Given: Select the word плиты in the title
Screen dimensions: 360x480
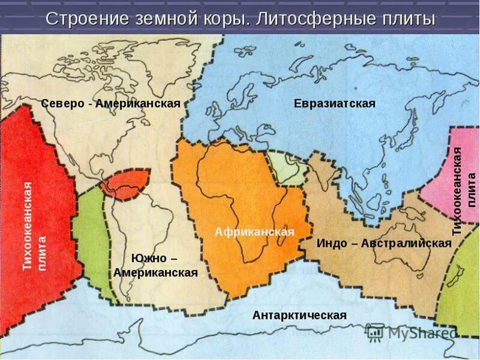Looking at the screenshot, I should coord(406,19).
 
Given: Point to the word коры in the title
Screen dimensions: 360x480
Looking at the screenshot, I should coord(224,19).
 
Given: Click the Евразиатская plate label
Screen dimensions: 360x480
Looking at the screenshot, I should coord(334,104).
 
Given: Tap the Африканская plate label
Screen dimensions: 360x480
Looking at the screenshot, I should coord(254,232).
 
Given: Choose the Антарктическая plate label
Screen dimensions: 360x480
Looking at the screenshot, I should coord(299,315).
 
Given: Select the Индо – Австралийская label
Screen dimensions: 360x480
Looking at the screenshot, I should coord(383,243).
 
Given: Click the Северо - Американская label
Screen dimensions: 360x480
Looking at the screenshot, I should coord(110,104).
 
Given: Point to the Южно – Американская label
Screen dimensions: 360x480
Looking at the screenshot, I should coord(155,265).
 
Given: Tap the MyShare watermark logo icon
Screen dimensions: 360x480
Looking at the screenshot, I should coord(376,332).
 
